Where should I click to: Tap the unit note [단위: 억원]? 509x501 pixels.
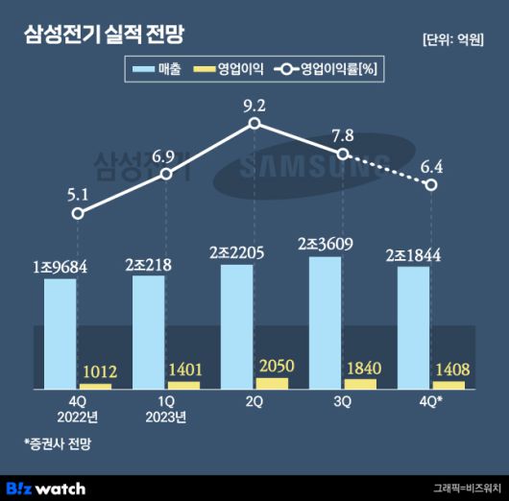(x=452, y=39)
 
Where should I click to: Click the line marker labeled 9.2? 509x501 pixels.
(x=254, y=124)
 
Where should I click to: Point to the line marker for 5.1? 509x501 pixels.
(x=78, y=213)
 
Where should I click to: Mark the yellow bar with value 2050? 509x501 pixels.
(x=273, y=383)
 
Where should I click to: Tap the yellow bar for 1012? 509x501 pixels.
(x=95, y=386)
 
